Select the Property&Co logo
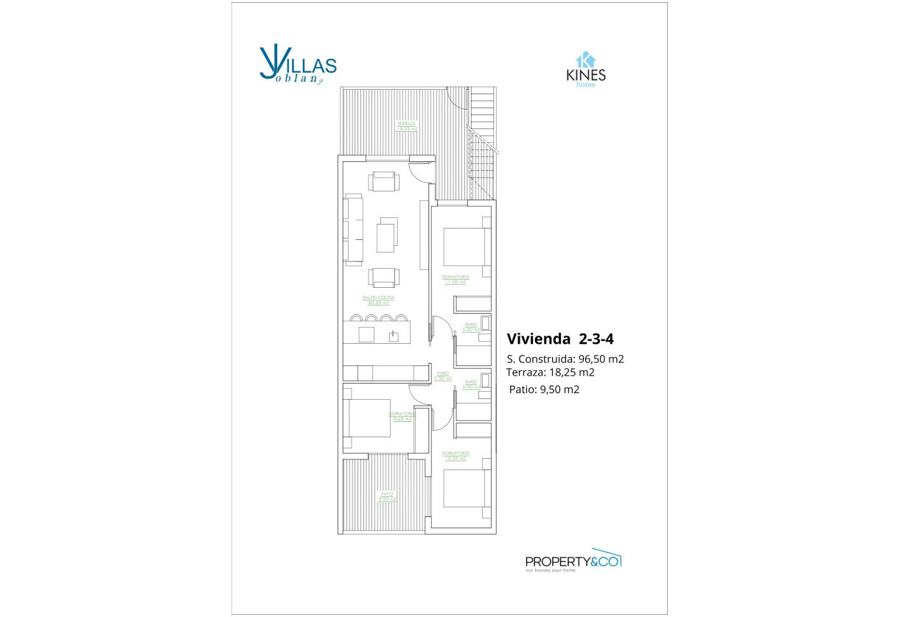point(573,561)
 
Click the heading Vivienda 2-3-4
point(560,339)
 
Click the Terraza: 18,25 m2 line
point(551,373)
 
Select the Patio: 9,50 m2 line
point(544,389)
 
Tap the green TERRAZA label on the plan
point(407,125)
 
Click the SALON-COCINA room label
point(378,300)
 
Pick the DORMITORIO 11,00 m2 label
point(456,279)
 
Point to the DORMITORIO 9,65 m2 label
point(402,416)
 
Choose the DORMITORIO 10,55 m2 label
point(456,455)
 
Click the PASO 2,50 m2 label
point(442,376)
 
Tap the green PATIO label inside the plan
point(387,496)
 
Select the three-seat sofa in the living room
point(353,229)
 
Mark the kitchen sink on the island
point(394,336)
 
